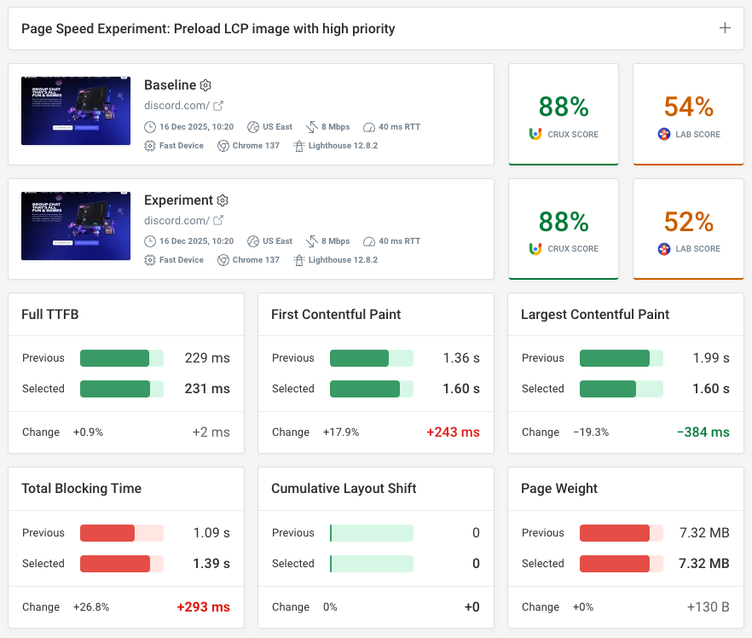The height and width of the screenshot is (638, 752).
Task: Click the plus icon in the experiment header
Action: click(x=725, y=28)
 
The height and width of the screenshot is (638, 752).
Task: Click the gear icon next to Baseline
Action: click(x=205, y=85)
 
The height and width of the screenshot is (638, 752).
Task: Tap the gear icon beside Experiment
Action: click(x=223, y=200)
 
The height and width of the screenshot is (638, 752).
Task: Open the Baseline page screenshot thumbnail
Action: click(x=76, y=110)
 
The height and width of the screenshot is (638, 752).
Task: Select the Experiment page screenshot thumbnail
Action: click(x=76, y=225)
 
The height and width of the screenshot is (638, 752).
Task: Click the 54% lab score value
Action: click(x=688, y=107)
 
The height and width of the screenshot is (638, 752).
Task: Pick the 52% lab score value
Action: click(x=688, y=222)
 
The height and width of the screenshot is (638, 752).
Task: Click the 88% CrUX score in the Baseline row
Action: click(x=564, y=107)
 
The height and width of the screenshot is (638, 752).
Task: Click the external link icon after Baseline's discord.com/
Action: click(x=218, y=106)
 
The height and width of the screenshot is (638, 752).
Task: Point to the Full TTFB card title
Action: click(x=50, y=315)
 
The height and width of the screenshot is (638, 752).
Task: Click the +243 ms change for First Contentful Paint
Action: click(x=453, y=432)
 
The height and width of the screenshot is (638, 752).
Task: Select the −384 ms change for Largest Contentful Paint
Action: click(x=703, y=432)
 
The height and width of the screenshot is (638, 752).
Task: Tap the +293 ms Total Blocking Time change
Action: click(x=203, y=607)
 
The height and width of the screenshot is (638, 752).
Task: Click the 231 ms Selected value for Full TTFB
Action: click(x=207, y=389)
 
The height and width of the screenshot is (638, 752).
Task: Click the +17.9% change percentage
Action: click(x=341, y=432)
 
